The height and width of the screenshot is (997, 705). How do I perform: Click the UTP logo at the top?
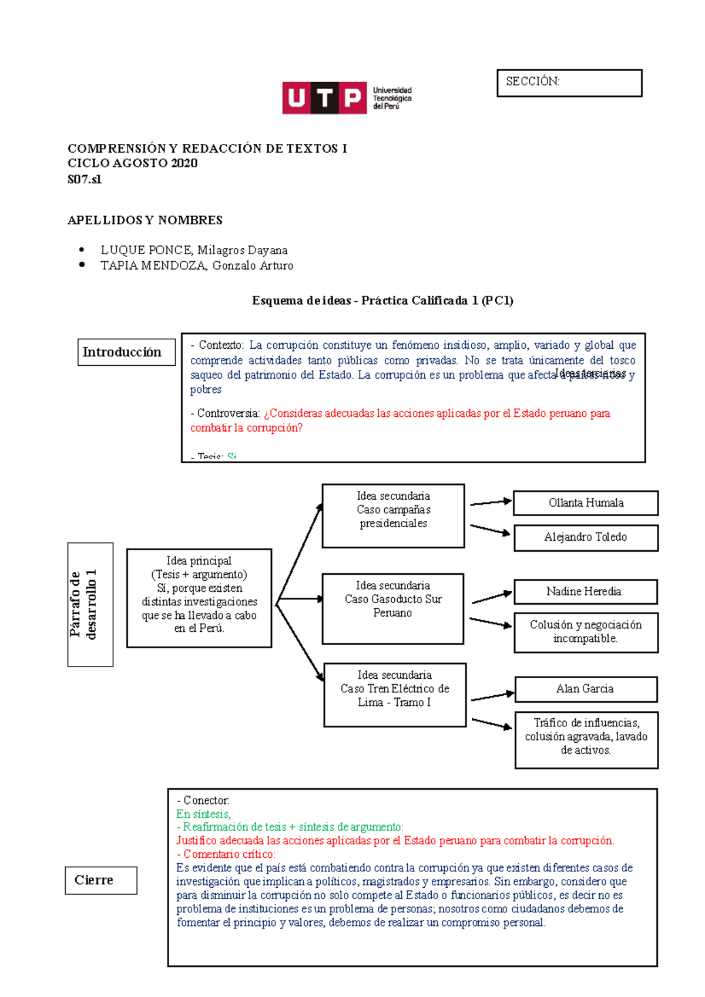[x=347, y=98]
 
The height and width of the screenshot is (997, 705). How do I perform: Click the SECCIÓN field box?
[x=569, y=83]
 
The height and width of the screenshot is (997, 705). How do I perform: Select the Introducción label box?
[x=126, y=352]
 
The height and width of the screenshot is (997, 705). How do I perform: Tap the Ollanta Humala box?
[x=586, y=503]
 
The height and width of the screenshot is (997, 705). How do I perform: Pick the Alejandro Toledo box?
[x=586, y=537]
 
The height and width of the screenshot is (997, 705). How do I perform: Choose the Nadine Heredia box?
[x=585, y=592]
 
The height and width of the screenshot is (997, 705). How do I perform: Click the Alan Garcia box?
[x=586, y=689]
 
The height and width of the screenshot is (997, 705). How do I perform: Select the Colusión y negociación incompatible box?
[x=586, y=632]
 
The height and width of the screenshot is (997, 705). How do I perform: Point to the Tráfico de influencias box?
[x=586, y=739]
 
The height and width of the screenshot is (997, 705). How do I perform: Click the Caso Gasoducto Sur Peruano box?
[x=393, y=608]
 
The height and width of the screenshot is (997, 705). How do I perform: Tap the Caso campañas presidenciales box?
[x=393, y=516]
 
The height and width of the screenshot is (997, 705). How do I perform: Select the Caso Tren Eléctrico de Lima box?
[x=395, y=695]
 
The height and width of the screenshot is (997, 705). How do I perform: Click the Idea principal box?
[x=199, y=598]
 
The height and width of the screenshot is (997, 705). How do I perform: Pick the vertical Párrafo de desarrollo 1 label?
[x=90, y=604]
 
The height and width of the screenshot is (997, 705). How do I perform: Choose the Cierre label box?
[x=100, y=880]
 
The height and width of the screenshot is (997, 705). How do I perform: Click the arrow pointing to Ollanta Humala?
[x=491, y=503]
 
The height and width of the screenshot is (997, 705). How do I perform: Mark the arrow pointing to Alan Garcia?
[x=492, y=697]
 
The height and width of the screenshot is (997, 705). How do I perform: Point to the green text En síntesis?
[x=203, y=814]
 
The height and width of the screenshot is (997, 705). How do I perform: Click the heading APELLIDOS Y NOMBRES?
[x=145, y=220]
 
